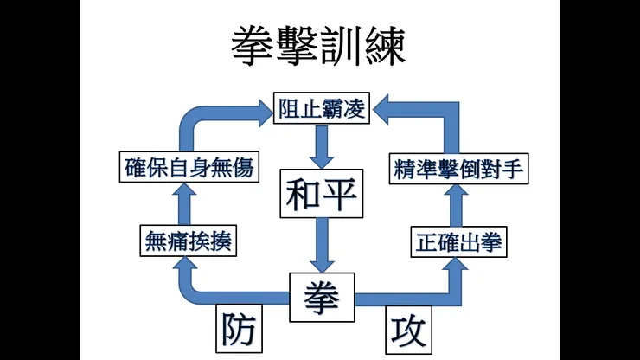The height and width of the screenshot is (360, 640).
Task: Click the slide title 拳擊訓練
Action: [318, 48]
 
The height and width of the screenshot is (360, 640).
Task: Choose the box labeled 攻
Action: [406, 329]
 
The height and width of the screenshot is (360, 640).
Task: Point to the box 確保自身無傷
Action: [189, 167]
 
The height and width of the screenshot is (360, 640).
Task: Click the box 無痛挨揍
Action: [189, 242]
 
